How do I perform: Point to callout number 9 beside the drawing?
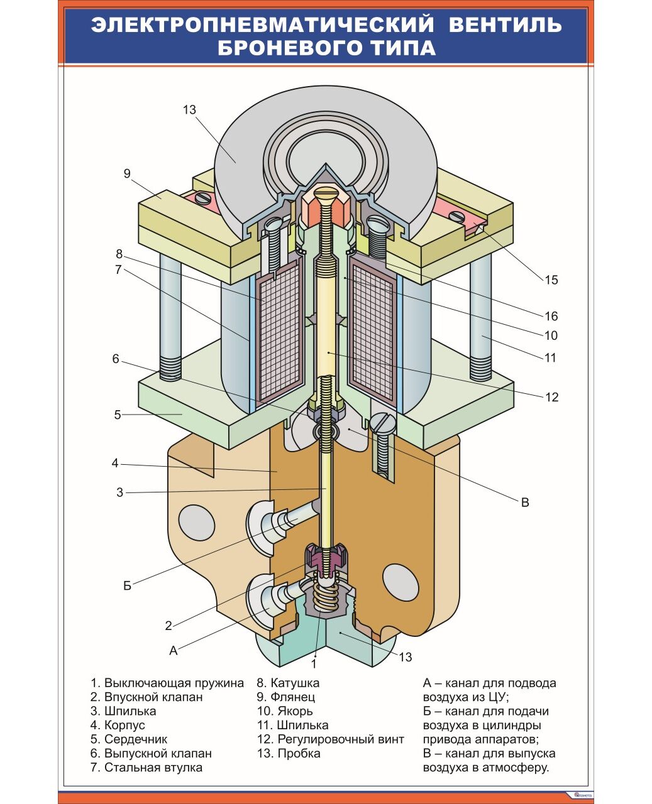pyautogui.click(x=127, y=173)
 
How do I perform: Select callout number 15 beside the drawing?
pyautogui.click(x=551, y=280)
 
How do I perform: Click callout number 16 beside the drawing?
pyautogui.click(x=551, y=316)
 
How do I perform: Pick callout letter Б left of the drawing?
pyautogui.click(x=128, y=586)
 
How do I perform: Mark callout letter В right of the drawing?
pyautogui.click(x=525, y=503)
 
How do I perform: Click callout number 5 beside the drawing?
pyautogui.click(x=118, y=415)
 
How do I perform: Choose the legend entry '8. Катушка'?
pyautogui.click(x=288, y=683)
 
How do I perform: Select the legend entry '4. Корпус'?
pyautogui.click(x=118, y=725)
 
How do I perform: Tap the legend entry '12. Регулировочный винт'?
pyautogui.click(x=330, y=739)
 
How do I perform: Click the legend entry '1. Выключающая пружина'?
pyautogui.click(x=167, y=683)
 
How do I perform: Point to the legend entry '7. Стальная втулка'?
pyautogui.click(x=146, y=767)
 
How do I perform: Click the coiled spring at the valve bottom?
pyautogui.click(x=325, y=597)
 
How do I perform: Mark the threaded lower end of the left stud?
pyautogui.click(x=170, y=367)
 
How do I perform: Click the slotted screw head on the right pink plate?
pyautogui.click(x=457, y=216)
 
